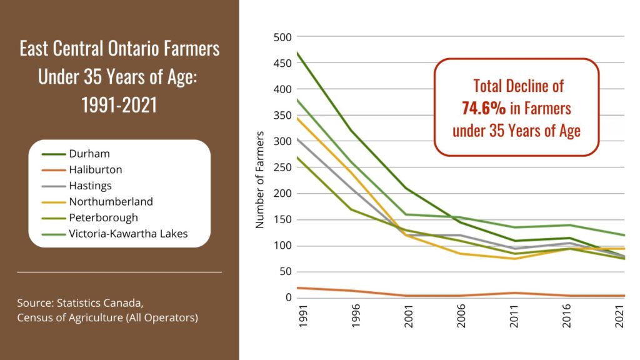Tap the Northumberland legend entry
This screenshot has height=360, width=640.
(111, 202)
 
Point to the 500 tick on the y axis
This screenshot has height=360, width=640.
(283, 37)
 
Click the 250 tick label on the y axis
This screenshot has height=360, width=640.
(283, 167)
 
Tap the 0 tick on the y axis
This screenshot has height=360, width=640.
(288, 297)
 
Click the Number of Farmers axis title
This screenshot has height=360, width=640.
(261, 179)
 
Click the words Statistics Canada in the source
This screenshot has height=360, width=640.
(101, 304)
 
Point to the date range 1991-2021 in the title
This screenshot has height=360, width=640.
(119, 104)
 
